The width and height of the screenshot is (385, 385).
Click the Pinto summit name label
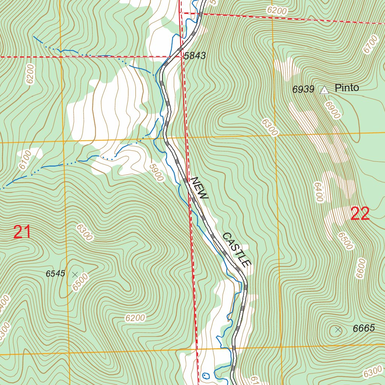coord(347,88)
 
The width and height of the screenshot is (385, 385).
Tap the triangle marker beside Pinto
coord(324,90)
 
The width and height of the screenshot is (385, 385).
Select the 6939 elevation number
coord(303,89)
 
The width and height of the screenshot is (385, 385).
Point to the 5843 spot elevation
coord(195,56)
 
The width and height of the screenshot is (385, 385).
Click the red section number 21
coord(22,232)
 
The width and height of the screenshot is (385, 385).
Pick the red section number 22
coord(360,214)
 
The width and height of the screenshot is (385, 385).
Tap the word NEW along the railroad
coord(199,188)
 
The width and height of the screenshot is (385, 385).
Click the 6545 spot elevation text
coord(56,274)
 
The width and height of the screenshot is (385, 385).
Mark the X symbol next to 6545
coord(75,274)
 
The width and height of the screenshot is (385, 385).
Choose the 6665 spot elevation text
coord(364,328)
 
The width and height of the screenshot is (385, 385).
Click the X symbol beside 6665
coord(338,330)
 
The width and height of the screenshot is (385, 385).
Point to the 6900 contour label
coord(333,110)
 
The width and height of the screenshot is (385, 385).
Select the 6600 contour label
coord(361,268)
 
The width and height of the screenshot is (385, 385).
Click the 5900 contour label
coord(156,172)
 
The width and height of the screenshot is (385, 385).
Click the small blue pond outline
coord(206,375)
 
